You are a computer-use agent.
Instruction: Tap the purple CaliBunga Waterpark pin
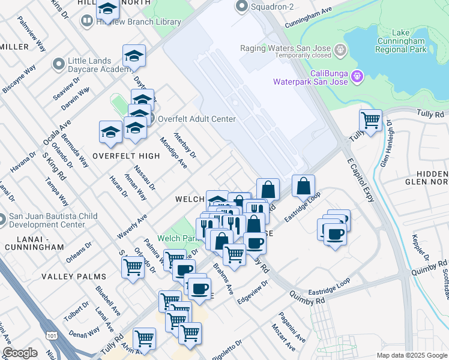pyautogui.click(x=357, y=76)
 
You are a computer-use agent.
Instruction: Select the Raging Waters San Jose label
pyautogui.click(x=286, y=48)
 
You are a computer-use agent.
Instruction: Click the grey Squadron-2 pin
pyautogui.click(x=243, y=7)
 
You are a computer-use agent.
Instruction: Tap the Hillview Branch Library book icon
pyautogui.click(x=87, y=22)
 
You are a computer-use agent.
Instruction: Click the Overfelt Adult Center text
pyautogui.click(x=196, y=119)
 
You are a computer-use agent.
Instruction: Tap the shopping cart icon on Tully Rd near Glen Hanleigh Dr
pyautogui.click(x=370, y=121)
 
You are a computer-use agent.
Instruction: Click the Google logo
pyautogui.click(x=20, y=352)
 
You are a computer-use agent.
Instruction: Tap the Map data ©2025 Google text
pyautogui.click(x=412, y=355)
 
